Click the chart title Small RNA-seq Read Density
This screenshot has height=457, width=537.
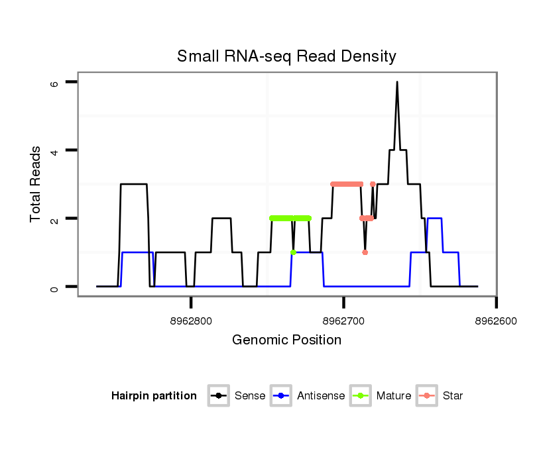(286, 56)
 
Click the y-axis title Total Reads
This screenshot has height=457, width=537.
(36, 184)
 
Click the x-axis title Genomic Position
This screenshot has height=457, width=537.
(286, 340)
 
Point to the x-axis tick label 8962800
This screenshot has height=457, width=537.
(191, 321)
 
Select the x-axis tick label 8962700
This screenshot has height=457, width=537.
(343, 321)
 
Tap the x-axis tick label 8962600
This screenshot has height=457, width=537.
(496, 321)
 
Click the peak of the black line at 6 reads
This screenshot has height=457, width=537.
(396, 82)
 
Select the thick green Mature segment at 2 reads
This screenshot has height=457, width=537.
(290, 218)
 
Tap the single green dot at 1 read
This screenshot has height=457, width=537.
(293, 252)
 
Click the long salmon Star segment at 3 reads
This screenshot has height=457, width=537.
(347, 184)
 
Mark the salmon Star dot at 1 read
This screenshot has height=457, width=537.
(365, 252)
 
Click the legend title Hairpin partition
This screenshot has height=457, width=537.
(154, 396)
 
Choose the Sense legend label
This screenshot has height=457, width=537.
(250, 396)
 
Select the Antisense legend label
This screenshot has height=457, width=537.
(321, 396)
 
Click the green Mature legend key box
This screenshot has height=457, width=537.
(361, 396)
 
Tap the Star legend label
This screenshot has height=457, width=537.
(453, 396)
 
